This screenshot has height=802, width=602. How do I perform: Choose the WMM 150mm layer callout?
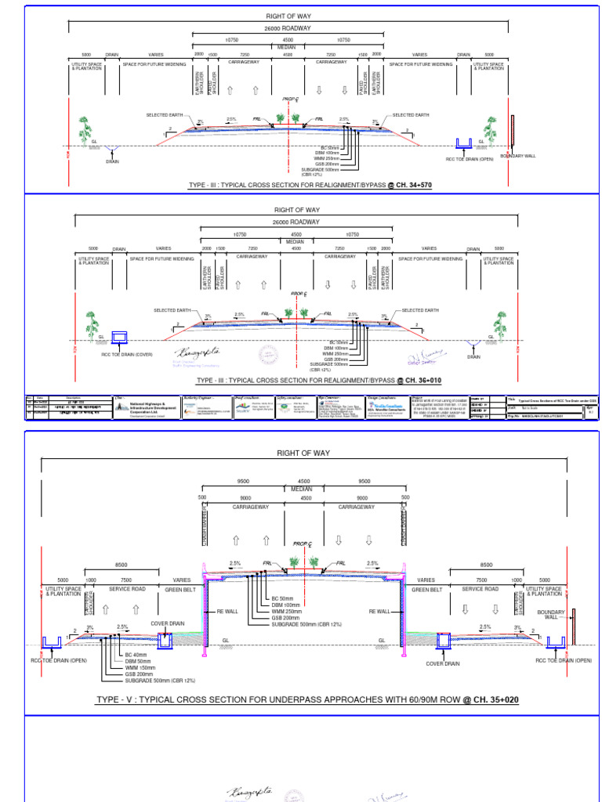[x=140, y=667]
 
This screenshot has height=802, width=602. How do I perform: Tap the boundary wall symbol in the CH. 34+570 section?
[x=512, y=132]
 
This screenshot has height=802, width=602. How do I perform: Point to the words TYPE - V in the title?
[x=115, y=699]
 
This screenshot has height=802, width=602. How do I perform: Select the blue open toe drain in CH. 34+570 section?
[x=463, y=143]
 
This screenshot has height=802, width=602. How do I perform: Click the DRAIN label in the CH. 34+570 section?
[x=112, y=161]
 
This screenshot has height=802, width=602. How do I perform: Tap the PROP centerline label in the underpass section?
[x=302, y=543]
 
